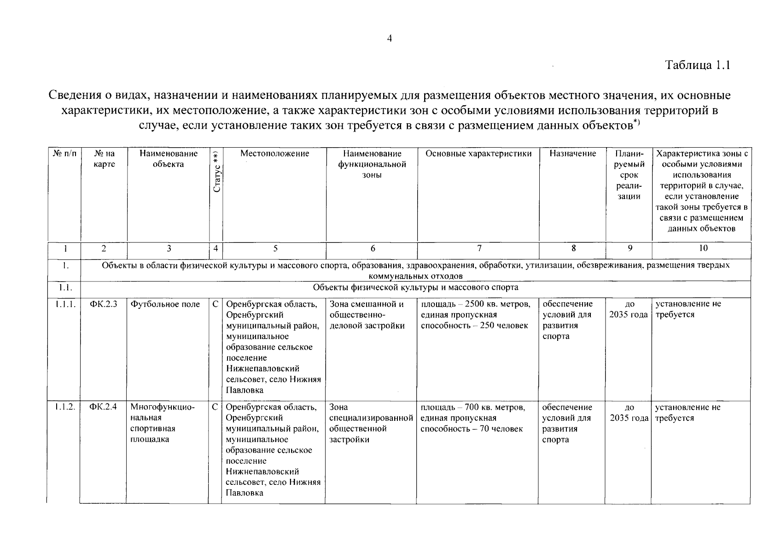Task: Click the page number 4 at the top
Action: pos(389,39)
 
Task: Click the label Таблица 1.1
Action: pos(698,65)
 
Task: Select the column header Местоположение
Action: pos(274,154)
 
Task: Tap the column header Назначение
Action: pos(572,154)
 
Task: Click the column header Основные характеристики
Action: pos(478,154)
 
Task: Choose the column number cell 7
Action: pos(479,248)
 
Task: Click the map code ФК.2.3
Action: pos(104,304)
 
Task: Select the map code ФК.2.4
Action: pos(104,407)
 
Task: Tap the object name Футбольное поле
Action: pos(165,304)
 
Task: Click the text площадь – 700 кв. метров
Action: pos(472,407)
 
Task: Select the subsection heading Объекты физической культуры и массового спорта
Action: pos(415,287)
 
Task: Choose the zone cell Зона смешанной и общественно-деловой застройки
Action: pos(367,315)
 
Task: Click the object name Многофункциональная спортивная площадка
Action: pos(162,423)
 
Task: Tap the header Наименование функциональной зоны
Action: pos(372,164)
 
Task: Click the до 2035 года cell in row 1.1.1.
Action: pos(629,310)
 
